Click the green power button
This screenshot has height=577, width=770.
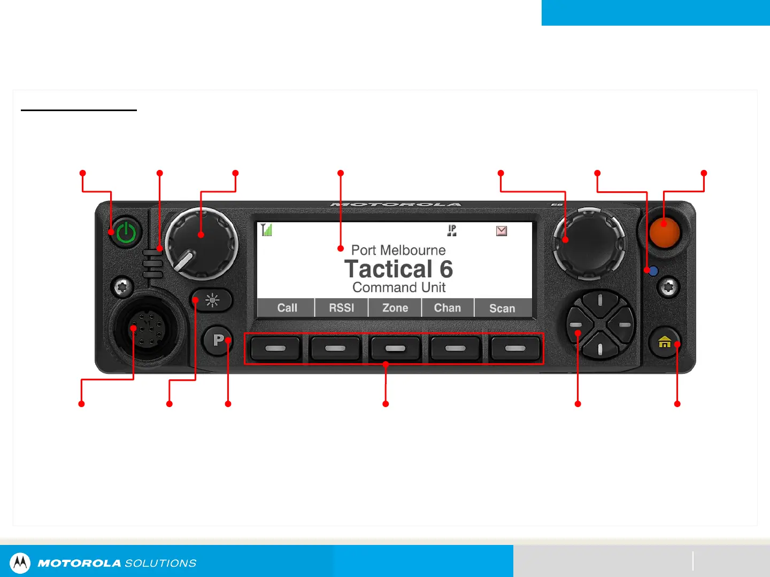(x=126, y=232)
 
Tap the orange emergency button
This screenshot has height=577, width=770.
(x=664, y=232)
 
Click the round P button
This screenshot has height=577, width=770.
(x=218, y=340)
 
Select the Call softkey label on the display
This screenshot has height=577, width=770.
(x=287, y=308)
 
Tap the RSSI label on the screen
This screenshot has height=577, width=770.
(x=342, y=308)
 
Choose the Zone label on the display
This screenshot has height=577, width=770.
(x=395, y=308)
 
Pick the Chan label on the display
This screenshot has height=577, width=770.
(x=448, y=308)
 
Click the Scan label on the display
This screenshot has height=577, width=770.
(x=502, y=308)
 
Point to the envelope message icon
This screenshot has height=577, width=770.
(x=502, y=231)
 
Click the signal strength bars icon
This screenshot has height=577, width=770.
(x=266, y=230)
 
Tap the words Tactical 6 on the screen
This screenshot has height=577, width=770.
(x=398, y=269)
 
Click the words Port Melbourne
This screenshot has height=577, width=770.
(x=398, y=250)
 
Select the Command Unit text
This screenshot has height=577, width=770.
(x=399, y=287)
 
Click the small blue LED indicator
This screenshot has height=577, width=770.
(x=653, y=271)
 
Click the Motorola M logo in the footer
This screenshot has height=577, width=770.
(x=20, y=563)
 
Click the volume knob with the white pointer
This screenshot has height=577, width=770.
(x=201, y=244)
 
